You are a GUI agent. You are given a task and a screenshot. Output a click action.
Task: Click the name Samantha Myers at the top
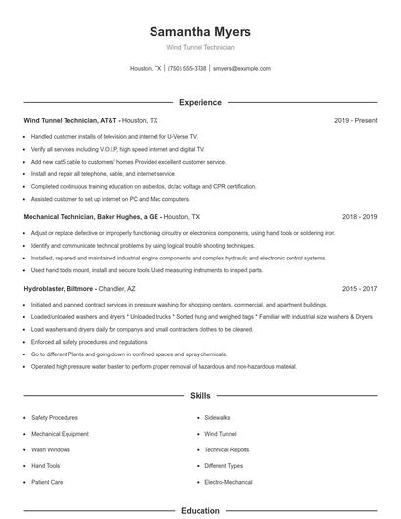pos(200,32)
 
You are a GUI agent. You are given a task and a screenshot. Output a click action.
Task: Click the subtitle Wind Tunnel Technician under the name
pos(200,47)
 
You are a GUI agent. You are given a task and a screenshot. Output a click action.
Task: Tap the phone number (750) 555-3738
pos(187,69)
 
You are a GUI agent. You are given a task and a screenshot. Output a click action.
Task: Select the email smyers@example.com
pos(242,69)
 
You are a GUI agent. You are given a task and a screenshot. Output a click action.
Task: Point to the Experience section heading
pos(200,102)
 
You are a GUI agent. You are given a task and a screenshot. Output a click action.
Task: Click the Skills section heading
pos(200,396)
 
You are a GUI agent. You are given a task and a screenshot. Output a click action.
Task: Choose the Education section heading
pos(200,510)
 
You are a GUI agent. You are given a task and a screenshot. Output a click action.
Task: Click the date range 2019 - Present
pos(355,120)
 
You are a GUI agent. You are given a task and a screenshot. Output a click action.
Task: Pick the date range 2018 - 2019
pos(359,216)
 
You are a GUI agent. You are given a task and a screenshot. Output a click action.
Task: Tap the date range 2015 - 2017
pos(359,289)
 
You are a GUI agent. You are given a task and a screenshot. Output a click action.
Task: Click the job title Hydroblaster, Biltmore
pos(60,289)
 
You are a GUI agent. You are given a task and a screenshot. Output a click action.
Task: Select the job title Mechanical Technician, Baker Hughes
pos(91,216)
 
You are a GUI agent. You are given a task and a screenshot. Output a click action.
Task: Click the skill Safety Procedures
pos(55,417)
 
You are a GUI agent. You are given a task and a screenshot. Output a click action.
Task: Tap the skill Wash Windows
pos(51,449)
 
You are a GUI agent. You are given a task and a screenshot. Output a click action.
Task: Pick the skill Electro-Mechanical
pos(229,482)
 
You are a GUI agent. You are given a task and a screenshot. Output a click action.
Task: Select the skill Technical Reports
pos(227,449)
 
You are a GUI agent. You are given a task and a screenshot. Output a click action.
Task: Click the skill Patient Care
pos(47,482)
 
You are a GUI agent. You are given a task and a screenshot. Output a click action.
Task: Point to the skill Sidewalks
pos(217,417)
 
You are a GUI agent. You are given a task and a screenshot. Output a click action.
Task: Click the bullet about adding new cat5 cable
pos(128,161)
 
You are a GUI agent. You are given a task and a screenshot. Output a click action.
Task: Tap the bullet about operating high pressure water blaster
pos(163,367)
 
